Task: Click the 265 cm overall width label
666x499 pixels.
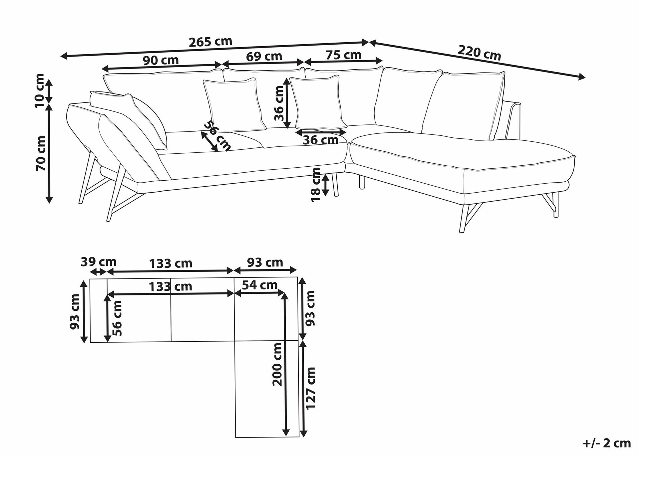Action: [210, 42]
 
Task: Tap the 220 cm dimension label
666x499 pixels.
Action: [479, 53]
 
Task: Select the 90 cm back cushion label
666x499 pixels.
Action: [161, 60]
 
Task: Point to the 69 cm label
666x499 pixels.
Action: [264, 56]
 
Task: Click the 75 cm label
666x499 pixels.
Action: [343, 55]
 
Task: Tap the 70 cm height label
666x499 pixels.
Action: [41, 153]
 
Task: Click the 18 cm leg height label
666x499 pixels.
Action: [315, 184]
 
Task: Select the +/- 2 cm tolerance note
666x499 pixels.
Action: [607, 443]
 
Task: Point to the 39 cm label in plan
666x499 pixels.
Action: [99, 262]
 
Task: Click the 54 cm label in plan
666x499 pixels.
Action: [259, 285]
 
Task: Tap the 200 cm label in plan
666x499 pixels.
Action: [277, 364]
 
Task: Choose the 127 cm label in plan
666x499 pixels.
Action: [310, 388]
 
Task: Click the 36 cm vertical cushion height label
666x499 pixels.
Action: [279, 103]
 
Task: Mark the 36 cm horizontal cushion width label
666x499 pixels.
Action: [320, 140]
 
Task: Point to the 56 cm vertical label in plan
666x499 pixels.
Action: [117, 318]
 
